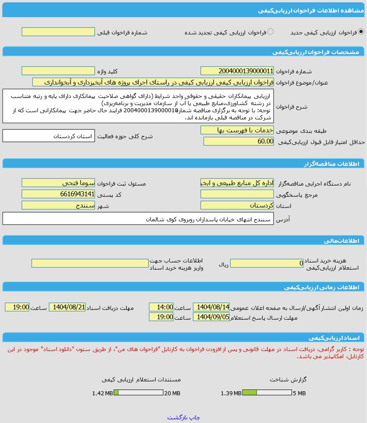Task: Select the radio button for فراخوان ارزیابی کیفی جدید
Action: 361,32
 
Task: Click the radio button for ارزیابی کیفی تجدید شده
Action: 270,32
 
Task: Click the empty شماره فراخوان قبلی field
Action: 58,32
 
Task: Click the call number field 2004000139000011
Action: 237,71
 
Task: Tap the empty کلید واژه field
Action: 58,71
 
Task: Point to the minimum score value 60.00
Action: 239,141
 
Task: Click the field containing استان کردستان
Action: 49,135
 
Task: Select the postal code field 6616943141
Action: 58,194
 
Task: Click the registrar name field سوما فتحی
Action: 58,183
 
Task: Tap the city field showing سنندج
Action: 58,205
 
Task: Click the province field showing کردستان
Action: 237,205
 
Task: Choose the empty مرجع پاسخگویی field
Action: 237,194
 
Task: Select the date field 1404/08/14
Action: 211,307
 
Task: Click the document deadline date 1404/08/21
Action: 67,307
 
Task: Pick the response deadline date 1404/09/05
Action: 211,317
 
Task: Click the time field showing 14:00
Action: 161,307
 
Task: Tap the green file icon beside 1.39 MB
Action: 250,393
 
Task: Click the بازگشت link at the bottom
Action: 178,417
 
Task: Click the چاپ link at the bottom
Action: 195,417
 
